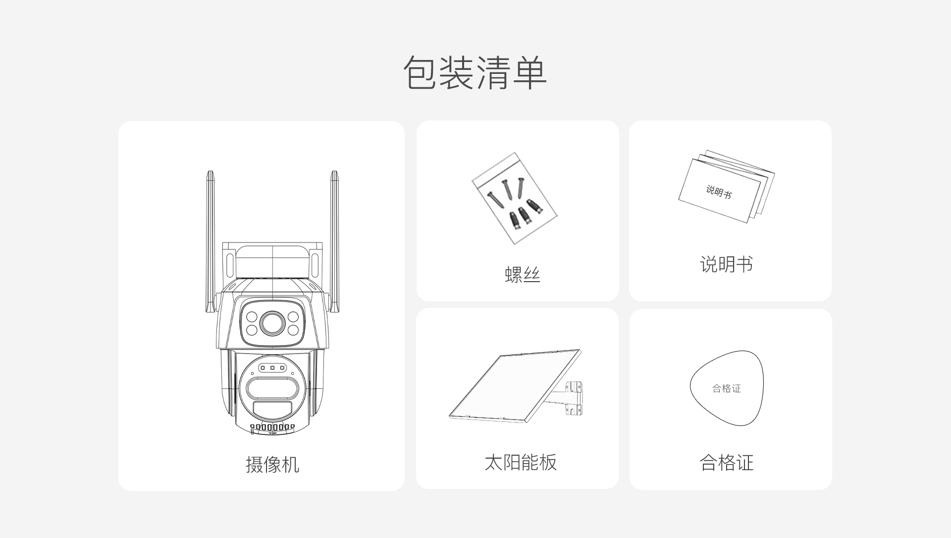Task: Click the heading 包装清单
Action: pos(475,72)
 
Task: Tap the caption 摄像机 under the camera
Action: pos(272,465)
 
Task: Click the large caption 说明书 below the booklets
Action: pos(726,264)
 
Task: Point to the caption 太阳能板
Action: pos(521,462)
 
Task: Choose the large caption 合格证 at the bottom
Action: pos(726,463)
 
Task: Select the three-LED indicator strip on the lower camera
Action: pos(272,368)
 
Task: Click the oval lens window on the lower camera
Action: pos(272,388)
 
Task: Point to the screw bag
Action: pos(514,198)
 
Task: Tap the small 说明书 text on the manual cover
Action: pos(719,191)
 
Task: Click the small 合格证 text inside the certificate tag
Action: pos(727,389)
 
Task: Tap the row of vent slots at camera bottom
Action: pos(272,427)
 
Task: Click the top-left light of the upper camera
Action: pos(252,316)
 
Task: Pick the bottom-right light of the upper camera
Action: pos(293,330)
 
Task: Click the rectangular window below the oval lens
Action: pos(272,410)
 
